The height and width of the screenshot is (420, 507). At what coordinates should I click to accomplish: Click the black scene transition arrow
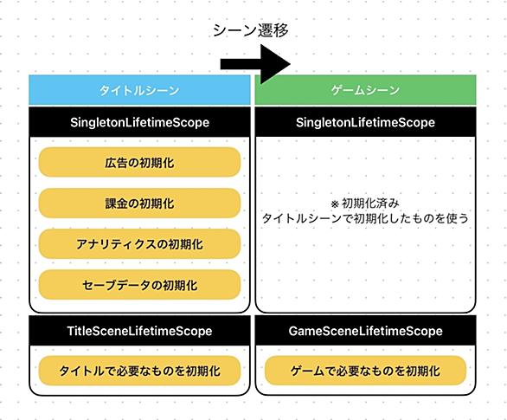(x=255, y=64)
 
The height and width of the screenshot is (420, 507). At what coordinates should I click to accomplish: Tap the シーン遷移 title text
(x=251, y=30)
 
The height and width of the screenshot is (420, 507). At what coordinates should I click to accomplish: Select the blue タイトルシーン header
(x=139, y=90)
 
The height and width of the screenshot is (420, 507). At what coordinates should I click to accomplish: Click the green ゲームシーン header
(x=365, y=90)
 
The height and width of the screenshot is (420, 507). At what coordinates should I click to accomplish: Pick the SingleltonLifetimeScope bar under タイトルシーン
(x=139, y=122)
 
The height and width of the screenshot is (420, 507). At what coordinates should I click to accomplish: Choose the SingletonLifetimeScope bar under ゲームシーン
(x=365, y=122)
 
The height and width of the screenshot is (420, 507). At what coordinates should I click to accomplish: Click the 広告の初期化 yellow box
(x=139, y=163)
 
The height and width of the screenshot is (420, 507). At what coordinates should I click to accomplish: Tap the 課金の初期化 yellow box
(x=139, y=204)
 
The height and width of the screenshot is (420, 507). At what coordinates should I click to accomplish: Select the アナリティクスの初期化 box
(x=139, y=244)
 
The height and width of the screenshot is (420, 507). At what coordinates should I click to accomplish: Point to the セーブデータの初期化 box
(x=139, y=285)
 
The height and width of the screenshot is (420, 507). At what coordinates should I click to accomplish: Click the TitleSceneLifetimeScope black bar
(x=139, y=331)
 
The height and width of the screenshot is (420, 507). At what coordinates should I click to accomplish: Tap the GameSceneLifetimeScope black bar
(x=365, y=331)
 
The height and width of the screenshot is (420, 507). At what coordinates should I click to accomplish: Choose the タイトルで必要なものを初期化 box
(x=139, y=371)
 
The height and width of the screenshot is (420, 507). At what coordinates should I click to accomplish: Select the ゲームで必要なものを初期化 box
(x=365, y=371)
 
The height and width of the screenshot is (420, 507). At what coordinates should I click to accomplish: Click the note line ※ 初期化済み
(x=365, y=204)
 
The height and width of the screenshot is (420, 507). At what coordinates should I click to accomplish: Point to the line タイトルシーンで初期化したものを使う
(x=365, y=218)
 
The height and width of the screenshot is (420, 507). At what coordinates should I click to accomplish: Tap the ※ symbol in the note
(x=335, y=204)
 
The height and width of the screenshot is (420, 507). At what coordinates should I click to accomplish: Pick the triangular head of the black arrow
(x=275, y=64)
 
